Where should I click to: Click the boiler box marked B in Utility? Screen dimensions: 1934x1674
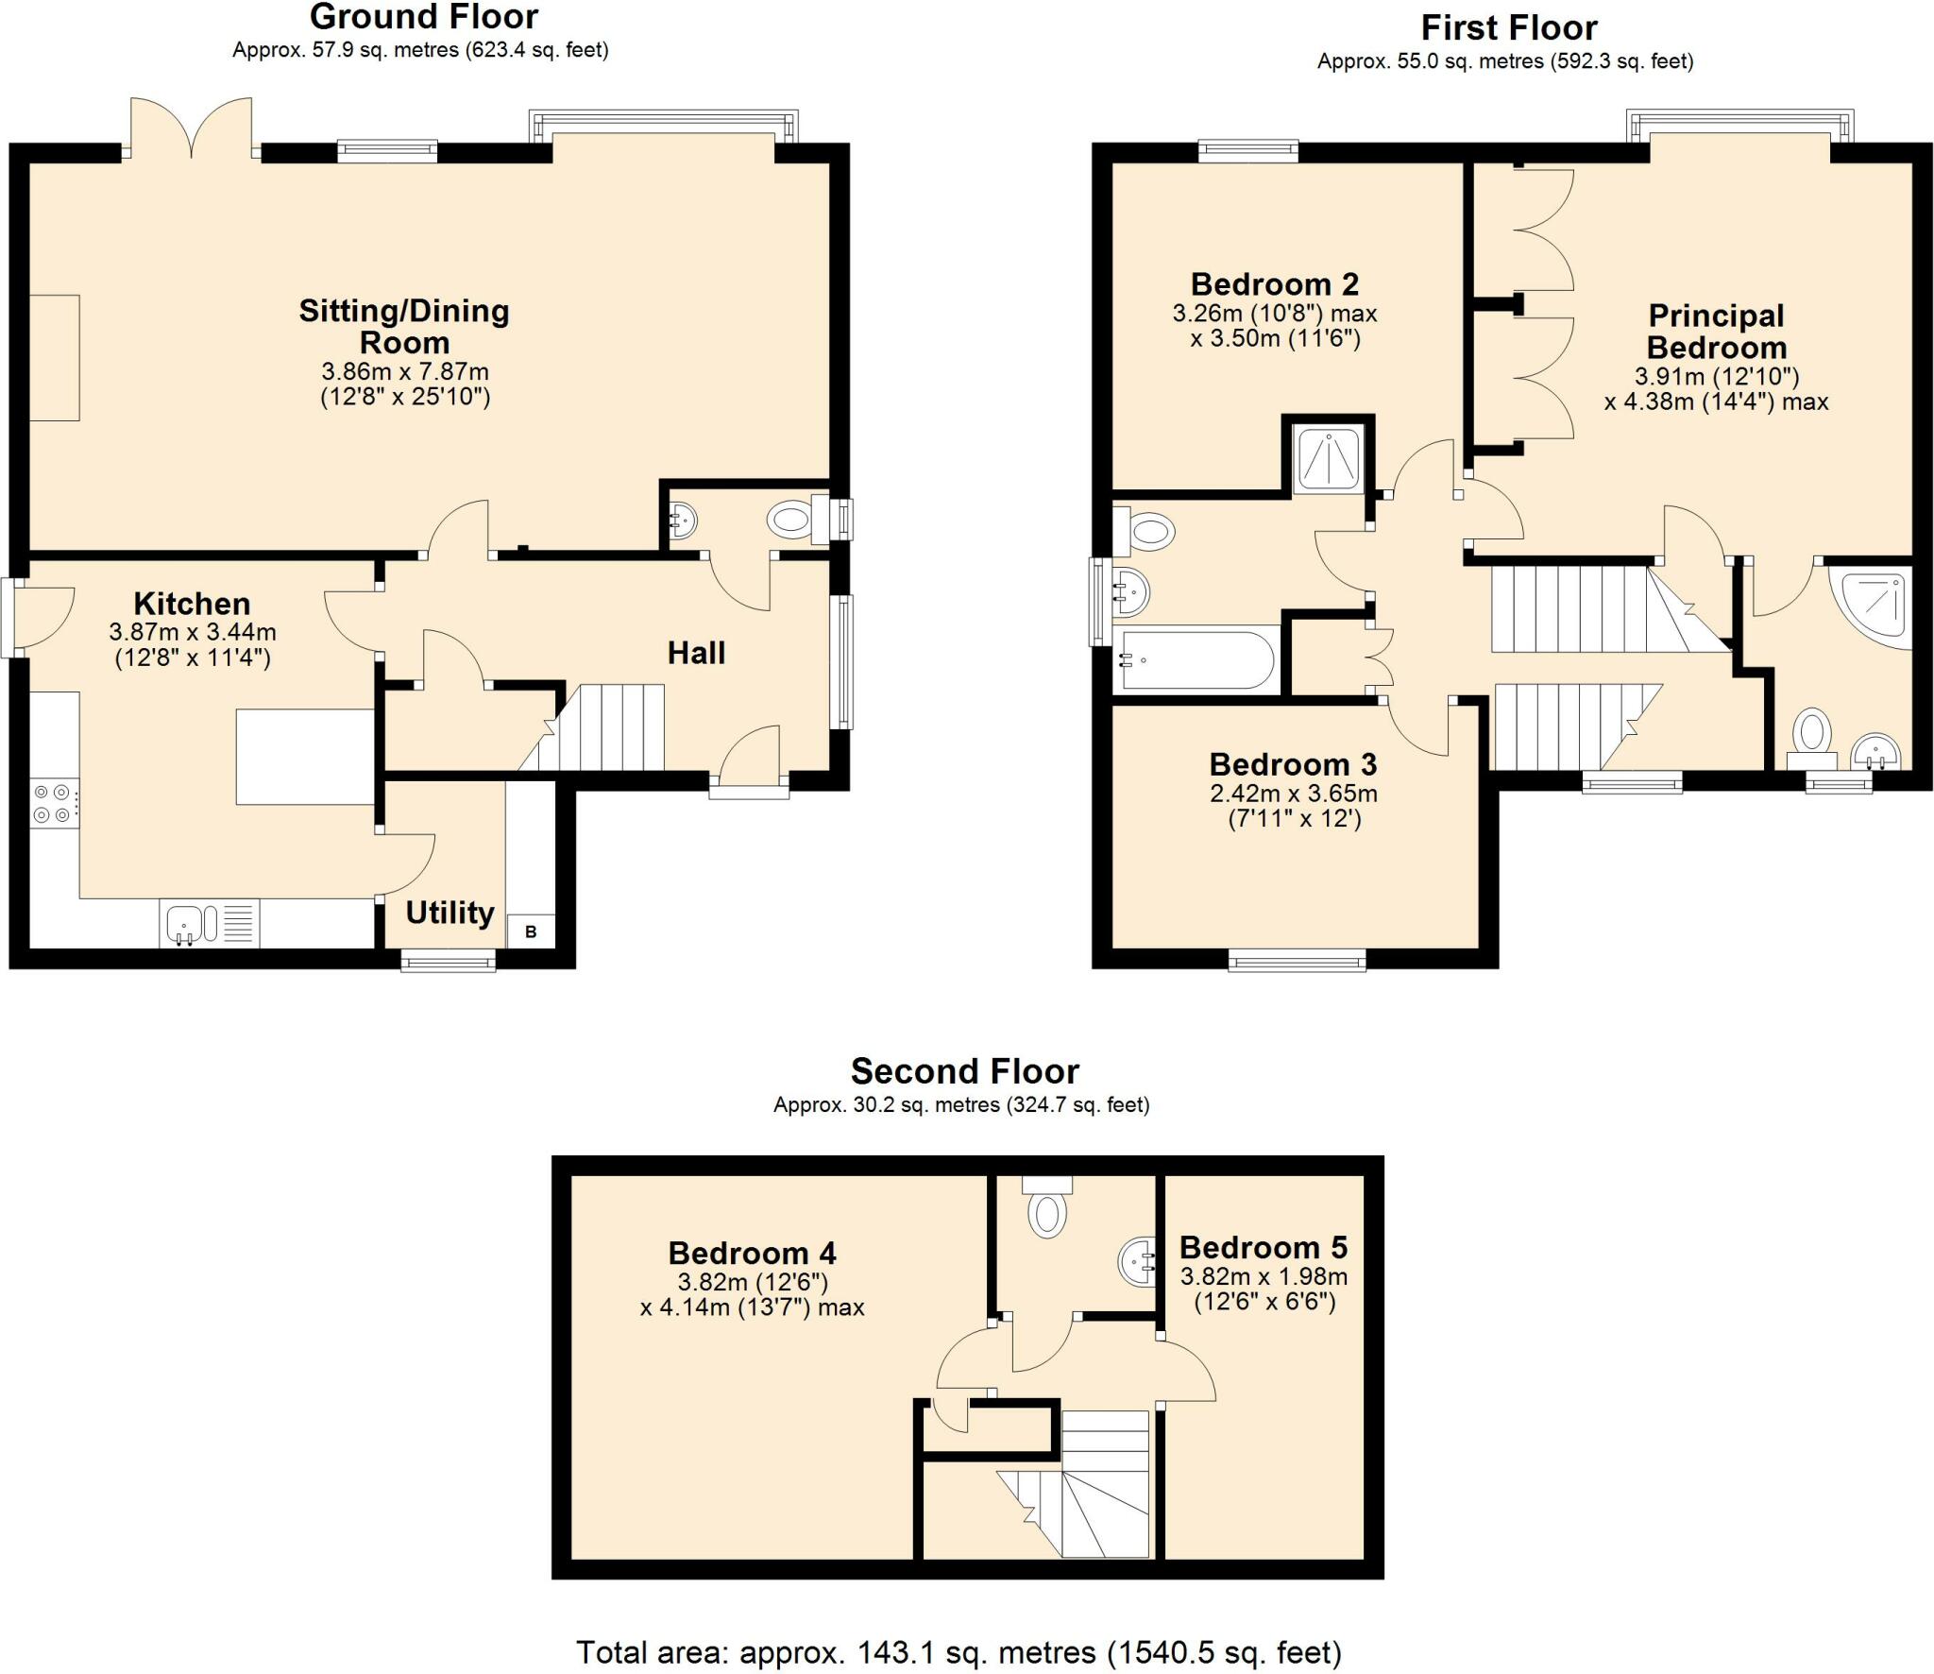(x=531, y=931)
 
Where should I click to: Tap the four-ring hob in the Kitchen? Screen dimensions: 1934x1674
(x=55, y=802)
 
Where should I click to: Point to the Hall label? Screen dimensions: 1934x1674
(x=696, y=652)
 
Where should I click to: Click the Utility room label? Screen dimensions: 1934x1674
(x=450, y=913)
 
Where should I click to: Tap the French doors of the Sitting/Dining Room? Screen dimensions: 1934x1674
(x=192, y=128)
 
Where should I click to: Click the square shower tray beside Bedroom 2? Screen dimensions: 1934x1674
(x=1328, y=458)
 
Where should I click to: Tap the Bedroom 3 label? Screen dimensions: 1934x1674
(x=1293, y=763)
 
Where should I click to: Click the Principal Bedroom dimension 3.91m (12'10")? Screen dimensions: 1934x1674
(x=1717, y=376)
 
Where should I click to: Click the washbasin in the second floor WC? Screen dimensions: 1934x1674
(x=1137, y=1260)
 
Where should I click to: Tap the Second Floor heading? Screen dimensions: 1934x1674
(x=964, y=1070)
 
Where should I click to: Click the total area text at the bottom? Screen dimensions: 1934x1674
(x=959, y=1651)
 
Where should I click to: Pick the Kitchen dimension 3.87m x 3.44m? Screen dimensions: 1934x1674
(x=193, y=632)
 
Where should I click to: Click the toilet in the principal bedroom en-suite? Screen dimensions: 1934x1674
(x=1811, y=739)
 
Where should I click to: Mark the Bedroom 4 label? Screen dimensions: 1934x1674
(x=752, y=1253)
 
